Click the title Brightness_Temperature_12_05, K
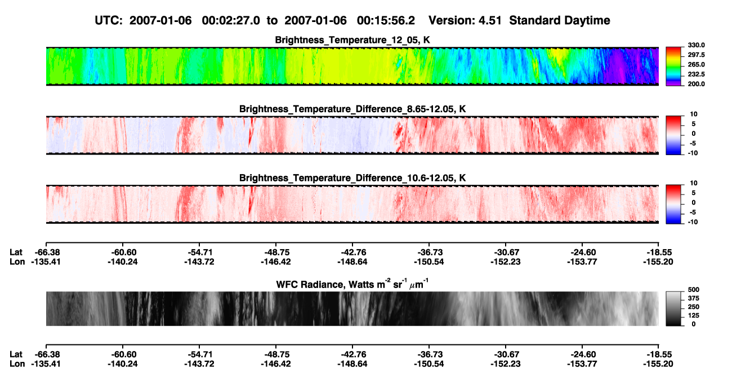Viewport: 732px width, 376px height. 352,40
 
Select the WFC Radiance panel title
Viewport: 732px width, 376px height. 352,284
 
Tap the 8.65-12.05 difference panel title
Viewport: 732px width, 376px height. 352,109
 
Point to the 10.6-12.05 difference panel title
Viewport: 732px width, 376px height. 352,178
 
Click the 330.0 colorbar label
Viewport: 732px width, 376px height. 696,45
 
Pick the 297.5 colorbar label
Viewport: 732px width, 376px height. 696,55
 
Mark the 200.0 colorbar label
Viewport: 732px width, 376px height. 696,84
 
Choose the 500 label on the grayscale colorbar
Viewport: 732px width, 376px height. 694,290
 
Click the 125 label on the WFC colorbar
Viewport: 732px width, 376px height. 694,316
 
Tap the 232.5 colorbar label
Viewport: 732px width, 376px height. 696,74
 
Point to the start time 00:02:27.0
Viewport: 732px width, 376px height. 231,20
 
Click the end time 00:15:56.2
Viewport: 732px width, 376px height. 386,20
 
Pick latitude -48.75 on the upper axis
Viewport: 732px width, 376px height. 276,253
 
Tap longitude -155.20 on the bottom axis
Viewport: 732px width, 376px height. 658,364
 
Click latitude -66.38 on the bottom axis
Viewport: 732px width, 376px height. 47,355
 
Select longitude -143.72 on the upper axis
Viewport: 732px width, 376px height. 199,262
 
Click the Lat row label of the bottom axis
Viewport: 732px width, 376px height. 16,355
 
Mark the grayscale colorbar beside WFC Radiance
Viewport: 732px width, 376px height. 673,308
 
